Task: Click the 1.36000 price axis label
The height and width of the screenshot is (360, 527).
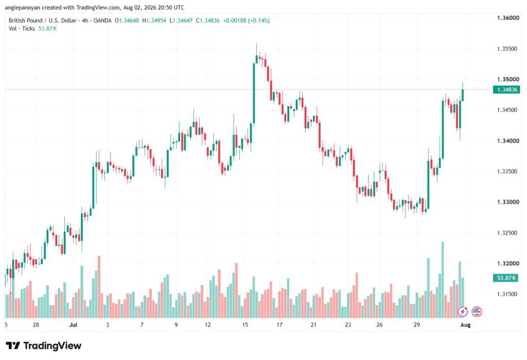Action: pyautogui.click(x=508, y=18)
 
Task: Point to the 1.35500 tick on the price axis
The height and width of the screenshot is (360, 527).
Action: pyautogui.click(x=507, y=49)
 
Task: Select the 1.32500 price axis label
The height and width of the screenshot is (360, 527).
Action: pyautogui.click(x=508, y=233)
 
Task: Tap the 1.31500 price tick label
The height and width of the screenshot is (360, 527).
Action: pyautogui.click(x=507, y=294)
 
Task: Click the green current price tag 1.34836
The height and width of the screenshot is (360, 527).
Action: pyautogui.click(x=506, y=90)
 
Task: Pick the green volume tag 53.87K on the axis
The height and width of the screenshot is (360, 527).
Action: pyautogui.click(x=506, y=278)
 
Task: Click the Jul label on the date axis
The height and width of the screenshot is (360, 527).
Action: pyautogui.click(x=73, y=324)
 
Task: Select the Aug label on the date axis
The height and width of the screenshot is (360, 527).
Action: pyautogui.click(x=465, y=324)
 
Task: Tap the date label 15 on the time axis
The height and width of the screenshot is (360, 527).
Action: pyautogui.click(x=244, y=324)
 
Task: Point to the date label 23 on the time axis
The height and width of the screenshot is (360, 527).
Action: pyautogui.click(x=348, y=324)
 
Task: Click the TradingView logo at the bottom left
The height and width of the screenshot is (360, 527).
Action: pyautogui.click(x=44, y=346)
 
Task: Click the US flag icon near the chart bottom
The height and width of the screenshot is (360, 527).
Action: pyautogui.click(x=477, y=312)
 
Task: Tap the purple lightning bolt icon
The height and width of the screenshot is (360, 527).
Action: pyautogui.click(x=463, y=312)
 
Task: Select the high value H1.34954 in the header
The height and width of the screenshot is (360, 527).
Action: pyautogui.click(x=154, y=21)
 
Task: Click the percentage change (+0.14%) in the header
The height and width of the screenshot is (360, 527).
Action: pyautogui.click(x=259, y=21)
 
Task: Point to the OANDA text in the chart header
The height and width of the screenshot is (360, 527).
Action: pyautogui.click(x=102, y=21)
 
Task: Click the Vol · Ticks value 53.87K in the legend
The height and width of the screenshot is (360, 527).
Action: pyautogui.click(x=47, y=29)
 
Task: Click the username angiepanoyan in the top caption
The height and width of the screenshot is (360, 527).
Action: pyautogui.click(x=23, y=7)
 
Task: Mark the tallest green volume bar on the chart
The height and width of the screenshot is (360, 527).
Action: pyautogui.click(x=443, y=280)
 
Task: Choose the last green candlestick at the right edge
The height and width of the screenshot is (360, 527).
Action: pyautogui.click(x=463, y=95)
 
